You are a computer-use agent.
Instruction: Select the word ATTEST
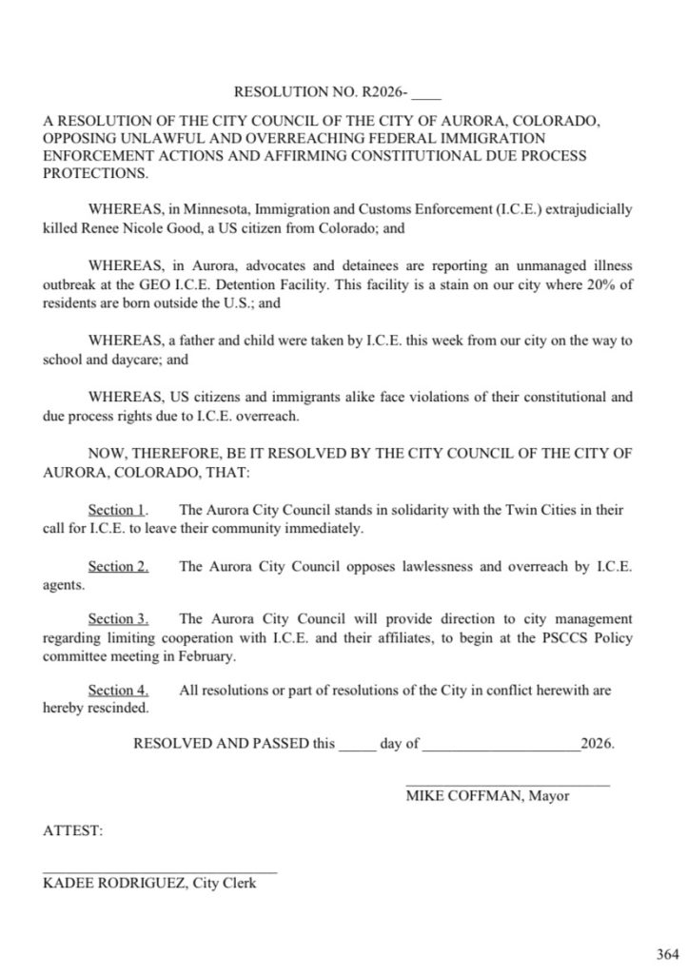coord(72,830)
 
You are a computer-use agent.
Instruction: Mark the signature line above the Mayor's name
coord(507,784)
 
